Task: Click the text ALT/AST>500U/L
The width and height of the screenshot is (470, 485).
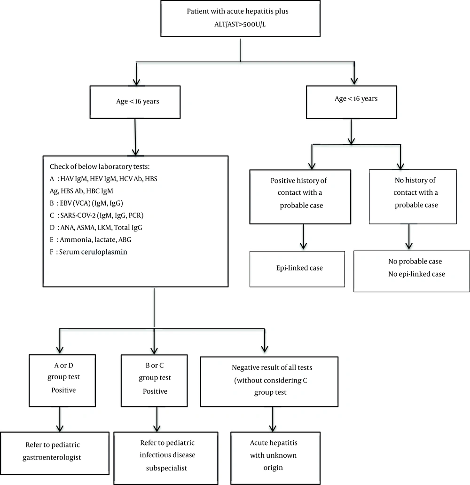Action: [240, 24]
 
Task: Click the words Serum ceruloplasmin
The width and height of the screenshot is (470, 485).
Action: [93, 252]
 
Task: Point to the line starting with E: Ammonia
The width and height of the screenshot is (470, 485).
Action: [90, 240]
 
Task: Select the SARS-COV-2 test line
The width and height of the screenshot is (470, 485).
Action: [96, 215]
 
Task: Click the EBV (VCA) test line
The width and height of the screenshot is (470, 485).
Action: [86, 203]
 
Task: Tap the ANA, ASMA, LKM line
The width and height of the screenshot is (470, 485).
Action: [96, 228]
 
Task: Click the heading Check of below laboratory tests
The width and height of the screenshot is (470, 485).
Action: [100, 167]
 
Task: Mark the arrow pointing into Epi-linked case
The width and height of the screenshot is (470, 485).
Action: [304, 237]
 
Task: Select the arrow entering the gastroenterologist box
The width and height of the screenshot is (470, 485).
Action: [60, 419]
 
